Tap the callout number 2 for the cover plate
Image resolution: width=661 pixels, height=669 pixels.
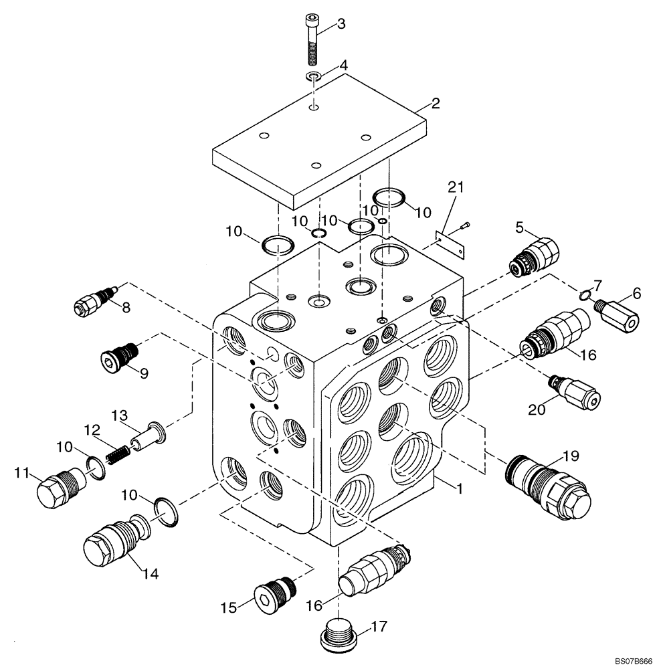435,103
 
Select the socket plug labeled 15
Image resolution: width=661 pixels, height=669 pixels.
275,589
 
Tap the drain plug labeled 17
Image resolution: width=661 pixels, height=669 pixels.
337,635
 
